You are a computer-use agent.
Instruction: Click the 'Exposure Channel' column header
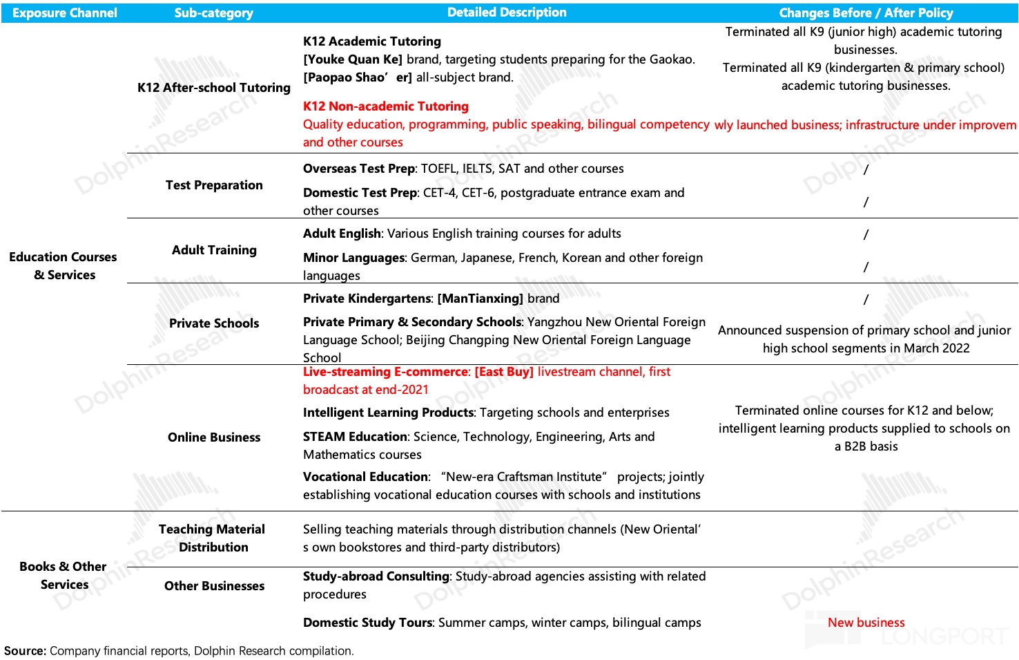point(65,13)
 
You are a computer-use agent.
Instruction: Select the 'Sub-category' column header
point(213,13)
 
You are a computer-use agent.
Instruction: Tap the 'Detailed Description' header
point(507,12)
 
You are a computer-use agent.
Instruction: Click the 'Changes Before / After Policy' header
point(866,13)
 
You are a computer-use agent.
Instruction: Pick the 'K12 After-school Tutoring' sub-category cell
point(214,88)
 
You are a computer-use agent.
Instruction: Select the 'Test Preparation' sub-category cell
point(214,185)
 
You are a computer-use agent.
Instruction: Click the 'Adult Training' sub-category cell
point(214,250)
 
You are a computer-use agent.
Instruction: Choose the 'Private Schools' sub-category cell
point(214,323)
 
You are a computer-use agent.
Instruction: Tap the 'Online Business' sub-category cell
point(214,437)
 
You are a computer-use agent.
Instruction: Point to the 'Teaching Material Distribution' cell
point(212,538)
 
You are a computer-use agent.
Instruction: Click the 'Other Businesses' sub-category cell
point(214,586)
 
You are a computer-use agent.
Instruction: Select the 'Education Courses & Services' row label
point(64,266)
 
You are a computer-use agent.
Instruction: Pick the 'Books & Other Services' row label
point(64,576)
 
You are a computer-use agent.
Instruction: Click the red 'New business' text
point(866,623)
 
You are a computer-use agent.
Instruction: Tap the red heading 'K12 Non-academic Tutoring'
point(386,106)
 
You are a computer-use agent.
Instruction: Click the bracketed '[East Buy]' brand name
point(504,372)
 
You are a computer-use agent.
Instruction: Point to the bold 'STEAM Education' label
point(355,437)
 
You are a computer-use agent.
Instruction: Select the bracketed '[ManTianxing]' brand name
point(481,299)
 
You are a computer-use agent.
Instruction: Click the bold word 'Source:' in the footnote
point(26,651)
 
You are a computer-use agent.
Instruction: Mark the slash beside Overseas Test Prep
point(866,169)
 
